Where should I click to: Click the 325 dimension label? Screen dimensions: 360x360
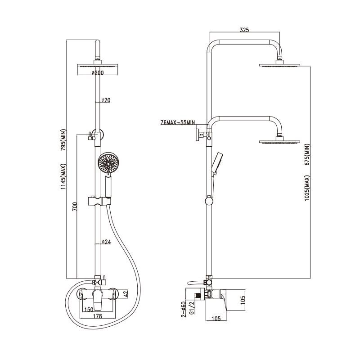click(244, 30)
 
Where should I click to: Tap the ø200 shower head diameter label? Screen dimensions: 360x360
click(97, 73)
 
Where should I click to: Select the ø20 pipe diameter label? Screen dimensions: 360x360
click(106, 100)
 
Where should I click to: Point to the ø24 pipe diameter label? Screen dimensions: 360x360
click(106, 242)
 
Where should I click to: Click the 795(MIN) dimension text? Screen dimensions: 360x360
click(63, 140)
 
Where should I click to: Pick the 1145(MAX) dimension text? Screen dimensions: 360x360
click(63, 176)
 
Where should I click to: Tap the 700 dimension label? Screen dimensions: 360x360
click(75, 207)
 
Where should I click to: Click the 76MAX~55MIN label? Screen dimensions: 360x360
click(177, 122)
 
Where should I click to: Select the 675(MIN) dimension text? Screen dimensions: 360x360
click(307, 154)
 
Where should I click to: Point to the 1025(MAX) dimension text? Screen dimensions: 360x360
click(307, 188)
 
